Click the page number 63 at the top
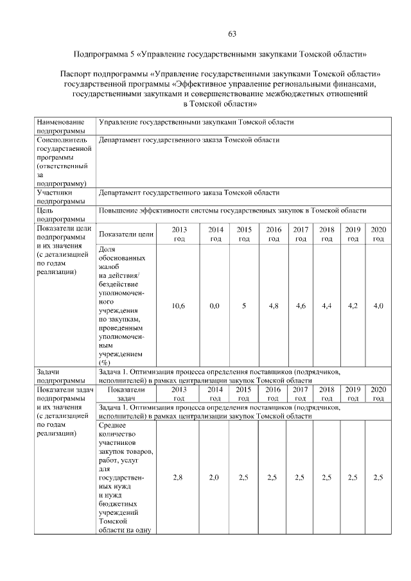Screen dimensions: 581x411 [232, 33]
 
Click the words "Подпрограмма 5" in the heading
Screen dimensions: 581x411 [103, 55]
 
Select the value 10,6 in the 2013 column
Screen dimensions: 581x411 [179, 306]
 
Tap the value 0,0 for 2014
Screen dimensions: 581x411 [214, 306]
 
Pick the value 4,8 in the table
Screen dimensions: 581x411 [274, 306]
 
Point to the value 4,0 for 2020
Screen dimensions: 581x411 [378, 306]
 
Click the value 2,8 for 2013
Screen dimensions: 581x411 [179, 478]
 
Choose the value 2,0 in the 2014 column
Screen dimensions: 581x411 [214, 478]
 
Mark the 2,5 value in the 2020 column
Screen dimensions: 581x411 [378, 478]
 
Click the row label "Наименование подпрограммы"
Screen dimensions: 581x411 [61, 126]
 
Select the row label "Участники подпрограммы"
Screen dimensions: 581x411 [61, 196]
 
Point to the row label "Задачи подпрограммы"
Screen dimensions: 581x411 [61, 376]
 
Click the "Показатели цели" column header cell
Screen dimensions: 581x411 [127, 234]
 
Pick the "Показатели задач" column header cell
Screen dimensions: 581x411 [127, 394]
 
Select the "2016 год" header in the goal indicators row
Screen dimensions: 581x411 [274, 234]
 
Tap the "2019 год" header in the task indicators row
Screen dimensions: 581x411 [353, 394]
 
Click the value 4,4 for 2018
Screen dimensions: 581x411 [327, 306]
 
